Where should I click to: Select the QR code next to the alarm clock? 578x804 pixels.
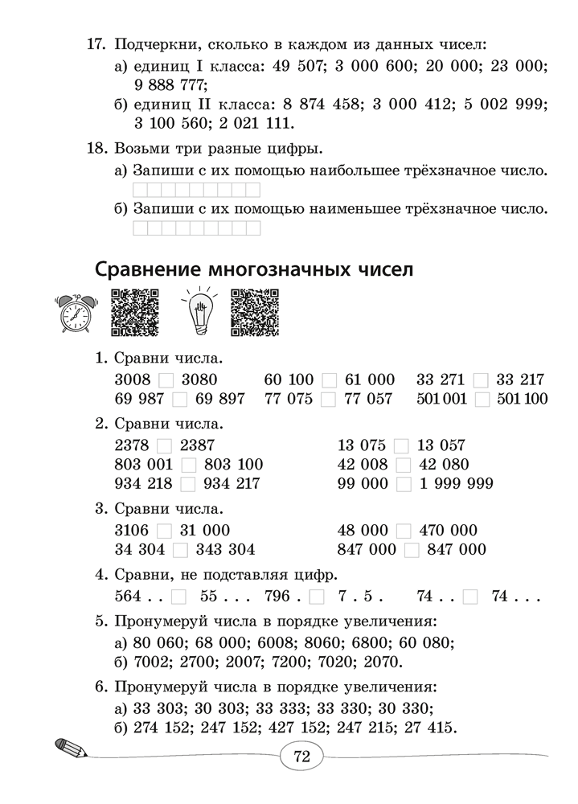133,312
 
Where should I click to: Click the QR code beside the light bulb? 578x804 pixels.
254,312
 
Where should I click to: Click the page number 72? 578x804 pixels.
301,757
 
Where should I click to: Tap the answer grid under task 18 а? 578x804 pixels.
195,191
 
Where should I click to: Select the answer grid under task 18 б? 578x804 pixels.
195,228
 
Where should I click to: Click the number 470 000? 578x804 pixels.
441,531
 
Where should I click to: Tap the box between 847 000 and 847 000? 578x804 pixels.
412,550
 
